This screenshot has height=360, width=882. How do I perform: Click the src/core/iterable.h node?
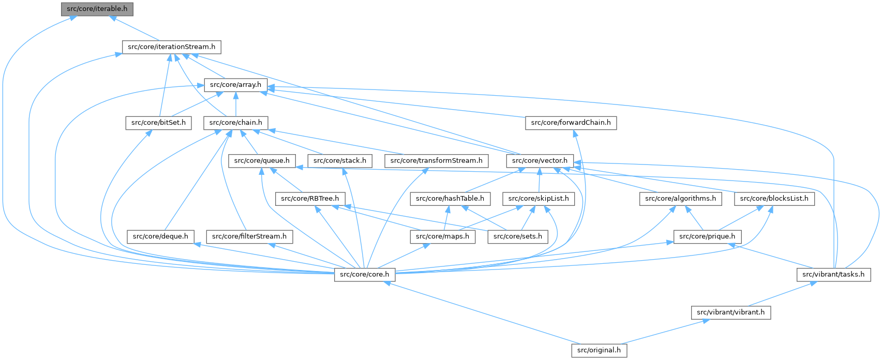coord(97,9)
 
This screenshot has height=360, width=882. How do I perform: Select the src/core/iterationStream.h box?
coord(171,47)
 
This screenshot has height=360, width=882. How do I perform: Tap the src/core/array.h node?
coord(235,85)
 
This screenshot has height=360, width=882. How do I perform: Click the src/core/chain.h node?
coord(235,123)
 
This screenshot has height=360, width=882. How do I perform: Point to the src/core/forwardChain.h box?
coord(571,123)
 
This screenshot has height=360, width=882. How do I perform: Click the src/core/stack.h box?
coord(340,161)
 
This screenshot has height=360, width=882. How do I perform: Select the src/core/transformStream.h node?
coord(436,161)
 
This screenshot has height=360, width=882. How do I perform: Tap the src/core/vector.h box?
coord(540,161)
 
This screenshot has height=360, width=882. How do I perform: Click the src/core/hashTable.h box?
coord(450,199)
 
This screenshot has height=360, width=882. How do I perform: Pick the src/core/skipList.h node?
coord(539,199)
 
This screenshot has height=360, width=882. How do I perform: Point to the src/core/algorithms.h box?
coord(680,199)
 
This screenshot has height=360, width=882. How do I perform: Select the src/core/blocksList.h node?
coord(774,199)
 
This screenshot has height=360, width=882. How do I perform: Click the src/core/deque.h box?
coord(160,236)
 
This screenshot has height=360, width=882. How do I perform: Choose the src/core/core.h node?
coord(365,274)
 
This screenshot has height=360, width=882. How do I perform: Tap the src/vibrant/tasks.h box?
coord(833,274)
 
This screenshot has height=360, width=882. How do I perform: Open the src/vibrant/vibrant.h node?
coord(730,312)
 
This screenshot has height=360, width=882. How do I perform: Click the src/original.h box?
coord(599,350)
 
